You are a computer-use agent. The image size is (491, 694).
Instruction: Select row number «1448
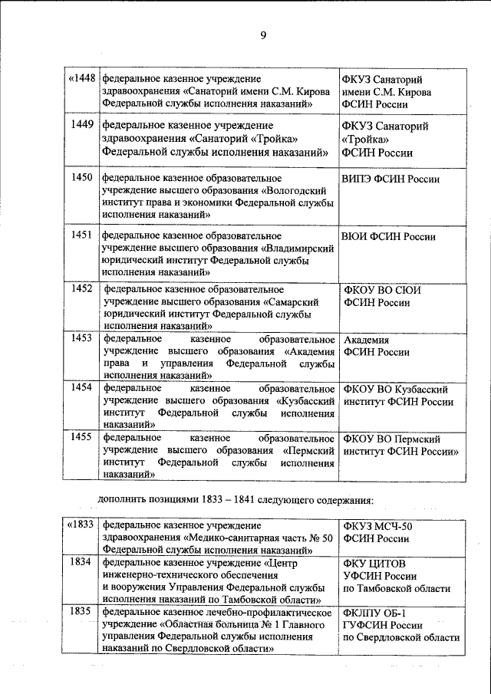click(81, 78)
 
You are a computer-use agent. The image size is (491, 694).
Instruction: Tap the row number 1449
click(81, 123)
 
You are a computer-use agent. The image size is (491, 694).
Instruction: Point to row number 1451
click(81, 235)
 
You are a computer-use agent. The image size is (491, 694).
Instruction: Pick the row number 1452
click(81, 288)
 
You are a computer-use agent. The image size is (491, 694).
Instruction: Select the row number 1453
click(81, 337)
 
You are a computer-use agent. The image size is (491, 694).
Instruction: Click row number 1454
click(81, 386)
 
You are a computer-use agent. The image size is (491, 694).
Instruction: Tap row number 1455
click(81, 437)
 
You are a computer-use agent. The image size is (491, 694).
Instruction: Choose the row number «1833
click(81, 525)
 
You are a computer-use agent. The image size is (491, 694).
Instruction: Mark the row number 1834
click(81, 563)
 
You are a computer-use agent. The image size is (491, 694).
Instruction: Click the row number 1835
click(81, 612)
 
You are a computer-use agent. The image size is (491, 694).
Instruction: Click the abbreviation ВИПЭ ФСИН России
click(390, 179)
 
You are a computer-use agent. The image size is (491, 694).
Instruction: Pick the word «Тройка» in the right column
click(365, 139)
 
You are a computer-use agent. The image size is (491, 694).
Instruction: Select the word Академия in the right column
click(367, 340)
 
